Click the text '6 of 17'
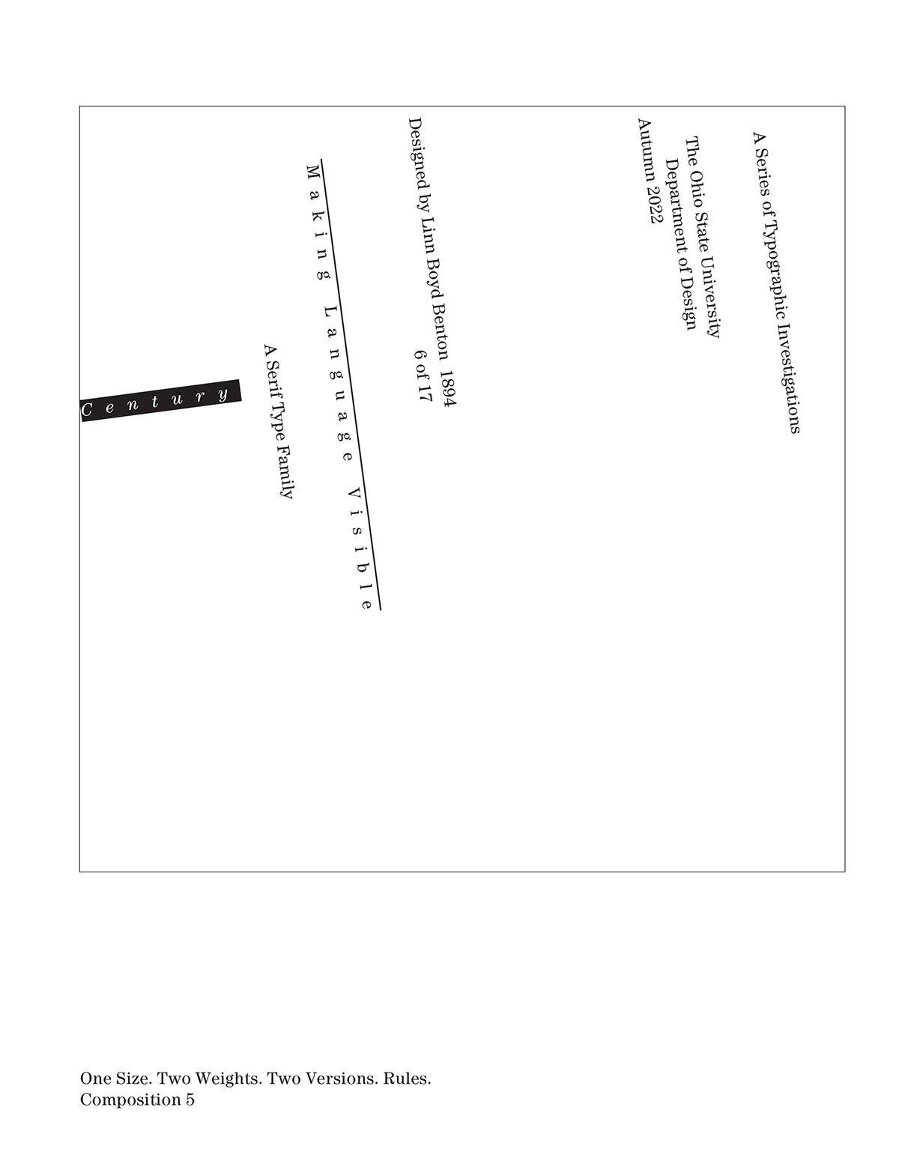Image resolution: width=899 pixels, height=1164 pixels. pyautogui.click(x=424, y=375)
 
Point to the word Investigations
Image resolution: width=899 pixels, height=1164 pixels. pyautogui.click(x=788, y=378)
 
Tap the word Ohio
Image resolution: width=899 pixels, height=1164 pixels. pyautogui.click(x=697, y=190)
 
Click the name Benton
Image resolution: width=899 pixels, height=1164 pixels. pyautogui.click(x=442, y=331)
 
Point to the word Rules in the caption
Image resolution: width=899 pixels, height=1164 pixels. pyautogui.click(x=407, y=1079)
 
